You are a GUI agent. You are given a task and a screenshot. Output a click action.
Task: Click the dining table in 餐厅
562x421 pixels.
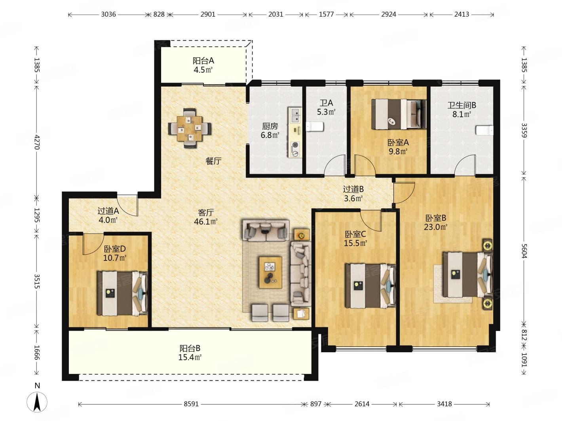(190, 128)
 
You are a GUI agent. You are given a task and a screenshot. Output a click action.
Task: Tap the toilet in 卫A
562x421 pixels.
(315, 126)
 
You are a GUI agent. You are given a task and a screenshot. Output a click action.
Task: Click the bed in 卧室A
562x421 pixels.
(399, 114)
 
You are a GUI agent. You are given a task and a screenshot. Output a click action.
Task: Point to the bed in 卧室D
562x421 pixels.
(122, 293)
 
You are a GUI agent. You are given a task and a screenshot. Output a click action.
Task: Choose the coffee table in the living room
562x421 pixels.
(270, 272)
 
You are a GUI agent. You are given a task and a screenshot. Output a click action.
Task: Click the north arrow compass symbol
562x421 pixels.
(37, 401)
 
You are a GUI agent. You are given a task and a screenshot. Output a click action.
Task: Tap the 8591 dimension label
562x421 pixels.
(191, 404)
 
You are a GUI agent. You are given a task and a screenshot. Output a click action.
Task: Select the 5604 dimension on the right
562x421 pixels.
(524, 251)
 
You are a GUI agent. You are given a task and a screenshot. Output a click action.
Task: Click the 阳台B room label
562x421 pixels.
(190, 348)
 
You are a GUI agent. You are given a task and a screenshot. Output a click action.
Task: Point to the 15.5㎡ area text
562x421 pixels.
(355, 243)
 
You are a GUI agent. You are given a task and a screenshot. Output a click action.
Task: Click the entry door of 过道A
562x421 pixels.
(128, 206)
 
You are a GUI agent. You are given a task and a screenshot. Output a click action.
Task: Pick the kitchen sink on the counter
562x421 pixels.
(295, 115)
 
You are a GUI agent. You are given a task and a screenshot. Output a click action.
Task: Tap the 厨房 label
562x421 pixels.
(270, 126)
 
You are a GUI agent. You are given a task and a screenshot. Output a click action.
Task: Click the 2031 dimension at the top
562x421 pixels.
(275, 14)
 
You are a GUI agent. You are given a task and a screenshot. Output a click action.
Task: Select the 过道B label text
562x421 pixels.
(353, 189)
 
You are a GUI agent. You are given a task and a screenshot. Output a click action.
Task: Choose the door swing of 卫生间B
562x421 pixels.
(465, 166)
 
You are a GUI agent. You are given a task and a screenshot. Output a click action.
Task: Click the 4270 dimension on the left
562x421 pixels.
(37, 142)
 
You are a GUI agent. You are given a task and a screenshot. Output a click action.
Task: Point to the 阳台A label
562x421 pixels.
(203, 61)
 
